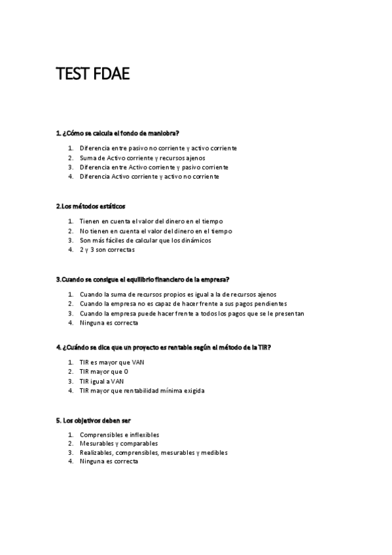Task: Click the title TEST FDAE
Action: coord(93,74)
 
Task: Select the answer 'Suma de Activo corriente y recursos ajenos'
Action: coord(142,158)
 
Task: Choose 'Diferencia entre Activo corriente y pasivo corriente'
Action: coord(154,167)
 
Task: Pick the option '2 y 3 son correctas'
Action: coord(107,249)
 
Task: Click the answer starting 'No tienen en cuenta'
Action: coord(156,231)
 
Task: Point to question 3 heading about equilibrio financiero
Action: coord(143,279)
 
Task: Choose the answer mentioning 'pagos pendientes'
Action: coord(183,304)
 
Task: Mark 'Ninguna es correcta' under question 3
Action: coord(109,323)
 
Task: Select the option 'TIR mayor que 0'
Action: coord(103,372)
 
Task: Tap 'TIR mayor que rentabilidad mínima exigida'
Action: coord(142,391)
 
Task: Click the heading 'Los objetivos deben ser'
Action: coord(94,420)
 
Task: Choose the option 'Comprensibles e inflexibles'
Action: coord(119,435)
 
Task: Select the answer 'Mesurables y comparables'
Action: coord(118,444)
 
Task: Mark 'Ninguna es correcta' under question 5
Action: coord(109,461)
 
